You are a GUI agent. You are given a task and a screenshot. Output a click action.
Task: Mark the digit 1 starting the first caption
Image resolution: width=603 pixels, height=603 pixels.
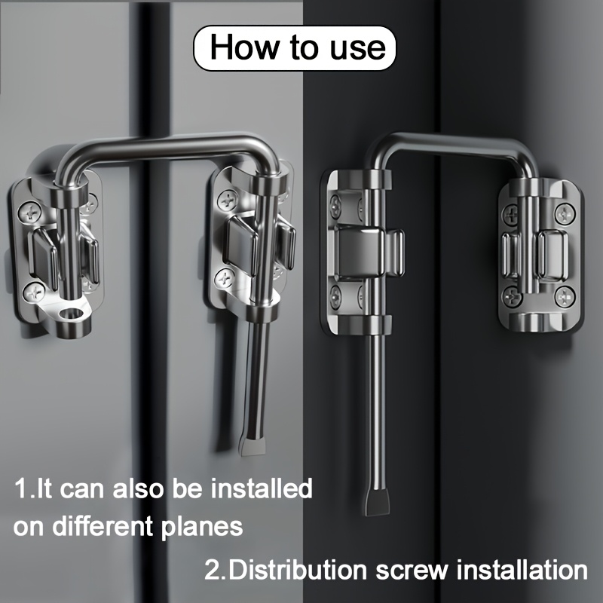[20, 488]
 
